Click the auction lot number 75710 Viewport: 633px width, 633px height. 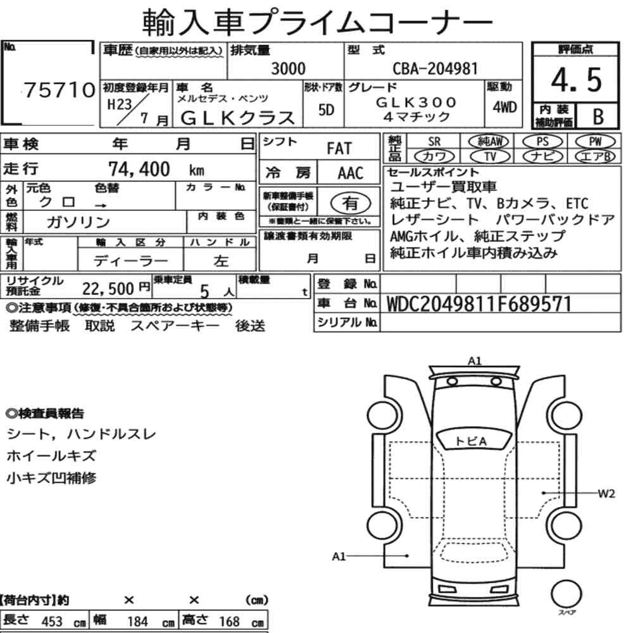tap(60, 90)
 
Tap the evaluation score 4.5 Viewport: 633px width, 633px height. tap(576, 80)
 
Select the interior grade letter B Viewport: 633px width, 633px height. tap(598, 116)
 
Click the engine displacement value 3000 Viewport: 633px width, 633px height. tap(288, 68)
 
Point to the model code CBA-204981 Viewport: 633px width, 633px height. tap(436, 68)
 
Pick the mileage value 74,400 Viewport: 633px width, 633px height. tap(139, 169)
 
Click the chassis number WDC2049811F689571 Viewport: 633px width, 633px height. tap(479, 304)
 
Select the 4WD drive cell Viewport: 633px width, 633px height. tap(505, 107)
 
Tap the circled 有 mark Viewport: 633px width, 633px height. tap(351, 203)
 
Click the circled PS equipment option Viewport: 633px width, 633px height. tap(542, 142)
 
